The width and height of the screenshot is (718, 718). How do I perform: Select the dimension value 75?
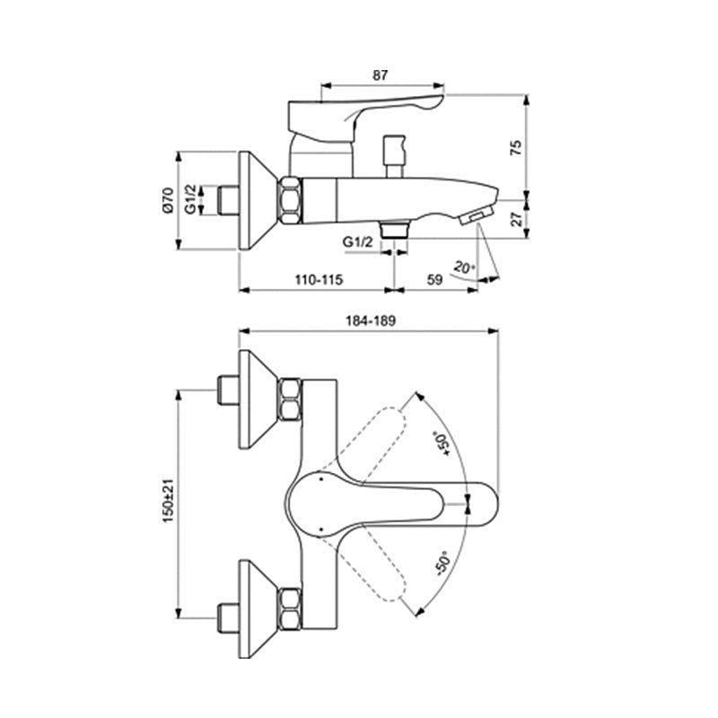(514, 148)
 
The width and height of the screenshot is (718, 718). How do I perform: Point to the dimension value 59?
(433, 280)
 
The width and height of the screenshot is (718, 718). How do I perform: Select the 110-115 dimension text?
(318, 280)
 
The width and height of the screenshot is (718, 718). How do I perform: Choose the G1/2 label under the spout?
(356, 241)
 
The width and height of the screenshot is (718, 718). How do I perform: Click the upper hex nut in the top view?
(290, 399)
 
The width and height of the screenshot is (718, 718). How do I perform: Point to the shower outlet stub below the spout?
(391, 228)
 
